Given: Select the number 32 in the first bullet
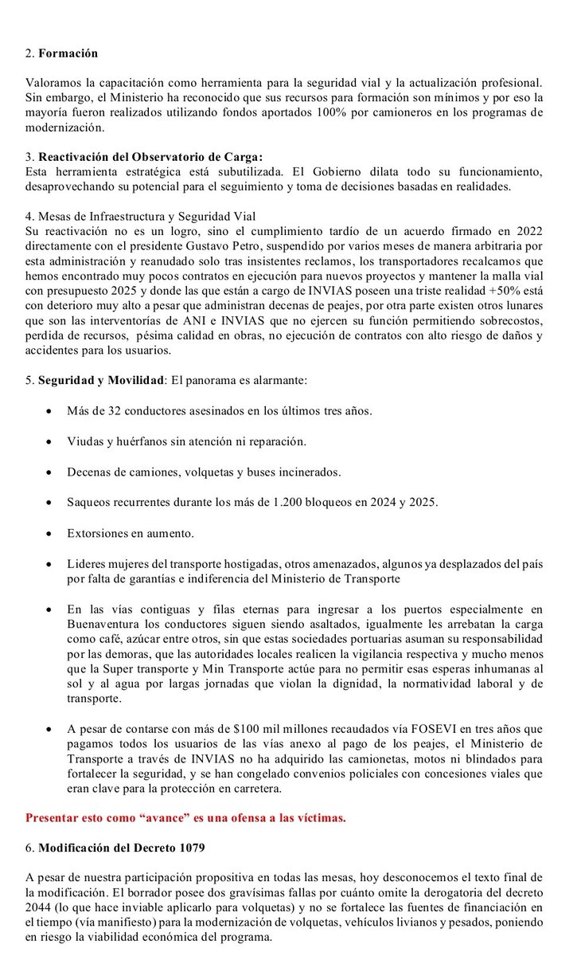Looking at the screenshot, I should pyautogui.click(x=119, y=412).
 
